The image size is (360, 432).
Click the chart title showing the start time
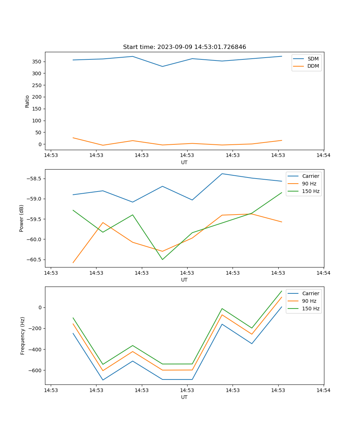[x=184, y=47]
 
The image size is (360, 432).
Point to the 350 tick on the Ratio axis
[x=37, y=62]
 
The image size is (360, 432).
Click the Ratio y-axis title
[x=27, y=101]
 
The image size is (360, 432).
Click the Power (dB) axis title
[x=22, y=218]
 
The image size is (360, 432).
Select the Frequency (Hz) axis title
[x=23, y=336]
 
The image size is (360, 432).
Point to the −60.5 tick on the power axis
[x=33, y=260]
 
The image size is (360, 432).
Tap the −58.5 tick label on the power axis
[x=33, y=179]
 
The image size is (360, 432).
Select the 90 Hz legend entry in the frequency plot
[x=309, y=301]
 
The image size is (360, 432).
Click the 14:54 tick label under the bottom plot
[x=323, y=390]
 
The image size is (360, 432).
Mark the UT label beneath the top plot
[x=184, y=162]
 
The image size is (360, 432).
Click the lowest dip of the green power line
[x=162, y=260]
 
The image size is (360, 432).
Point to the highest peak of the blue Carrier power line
[x=222, y=174]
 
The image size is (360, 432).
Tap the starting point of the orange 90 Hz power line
[x=73, y=263]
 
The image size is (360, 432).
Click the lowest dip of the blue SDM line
[x=162, y=66]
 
